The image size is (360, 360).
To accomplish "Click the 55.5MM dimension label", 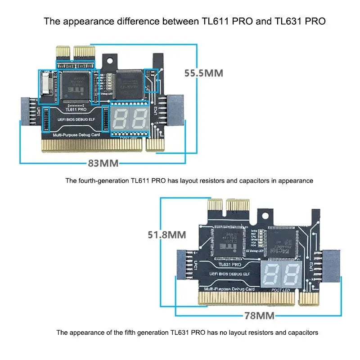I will (204, 73).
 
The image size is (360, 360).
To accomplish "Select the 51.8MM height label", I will (167, 234).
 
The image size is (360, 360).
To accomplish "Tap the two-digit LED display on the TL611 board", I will (129, 118).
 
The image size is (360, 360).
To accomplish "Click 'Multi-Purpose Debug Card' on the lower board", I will (229, 288).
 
